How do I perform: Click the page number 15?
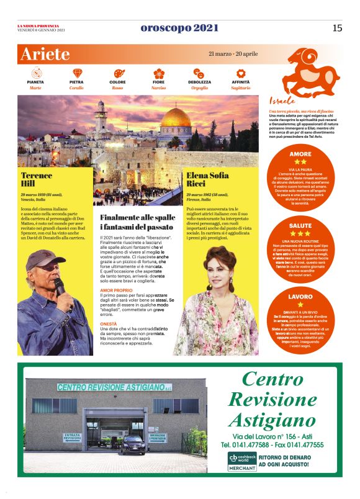[x=337, y=27]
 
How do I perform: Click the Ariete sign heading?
[x=45, y=54]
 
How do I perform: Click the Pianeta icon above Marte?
[x=35, y=73]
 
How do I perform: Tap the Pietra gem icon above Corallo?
[x=76, y=73]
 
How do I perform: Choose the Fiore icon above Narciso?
[x=158, y=73]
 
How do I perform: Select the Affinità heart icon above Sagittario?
[x=241, y=73]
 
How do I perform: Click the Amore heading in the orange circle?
[x=300, y=153]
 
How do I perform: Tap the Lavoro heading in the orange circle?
[x=300, y=297]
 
